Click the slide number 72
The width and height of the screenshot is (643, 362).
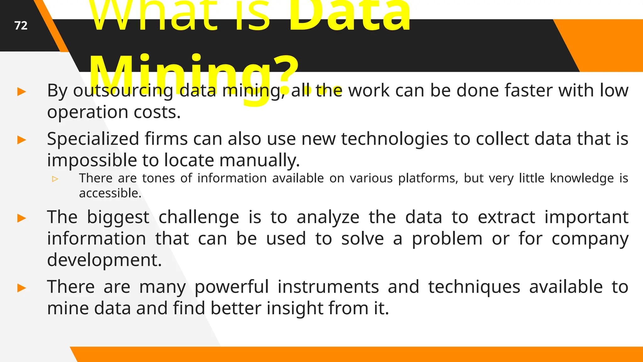click(21, 25)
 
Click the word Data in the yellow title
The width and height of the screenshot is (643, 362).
click(349, 16)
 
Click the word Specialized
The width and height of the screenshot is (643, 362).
click(93, 139)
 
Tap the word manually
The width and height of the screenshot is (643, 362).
click(259, 160)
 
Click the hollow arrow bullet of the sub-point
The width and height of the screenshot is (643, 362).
click(55, 179)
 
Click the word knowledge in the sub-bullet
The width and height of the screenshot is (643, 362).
click(582, 178)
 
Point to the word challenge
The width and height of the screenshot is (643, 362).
click(199, 217)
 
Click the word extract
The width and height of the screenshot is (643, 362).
click(506, 217)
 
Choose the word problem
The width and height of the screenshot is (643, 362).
click(447, 239)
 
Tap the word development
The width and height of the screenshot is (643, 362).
click(104, 260)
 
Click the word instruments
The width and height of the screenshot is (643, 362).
click(287, 287)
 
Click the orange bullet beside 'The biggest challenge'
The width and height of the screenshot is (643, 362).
click(21, 218)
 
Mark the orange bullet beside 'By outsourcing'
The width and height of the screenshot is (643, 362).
click(21, 92)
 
